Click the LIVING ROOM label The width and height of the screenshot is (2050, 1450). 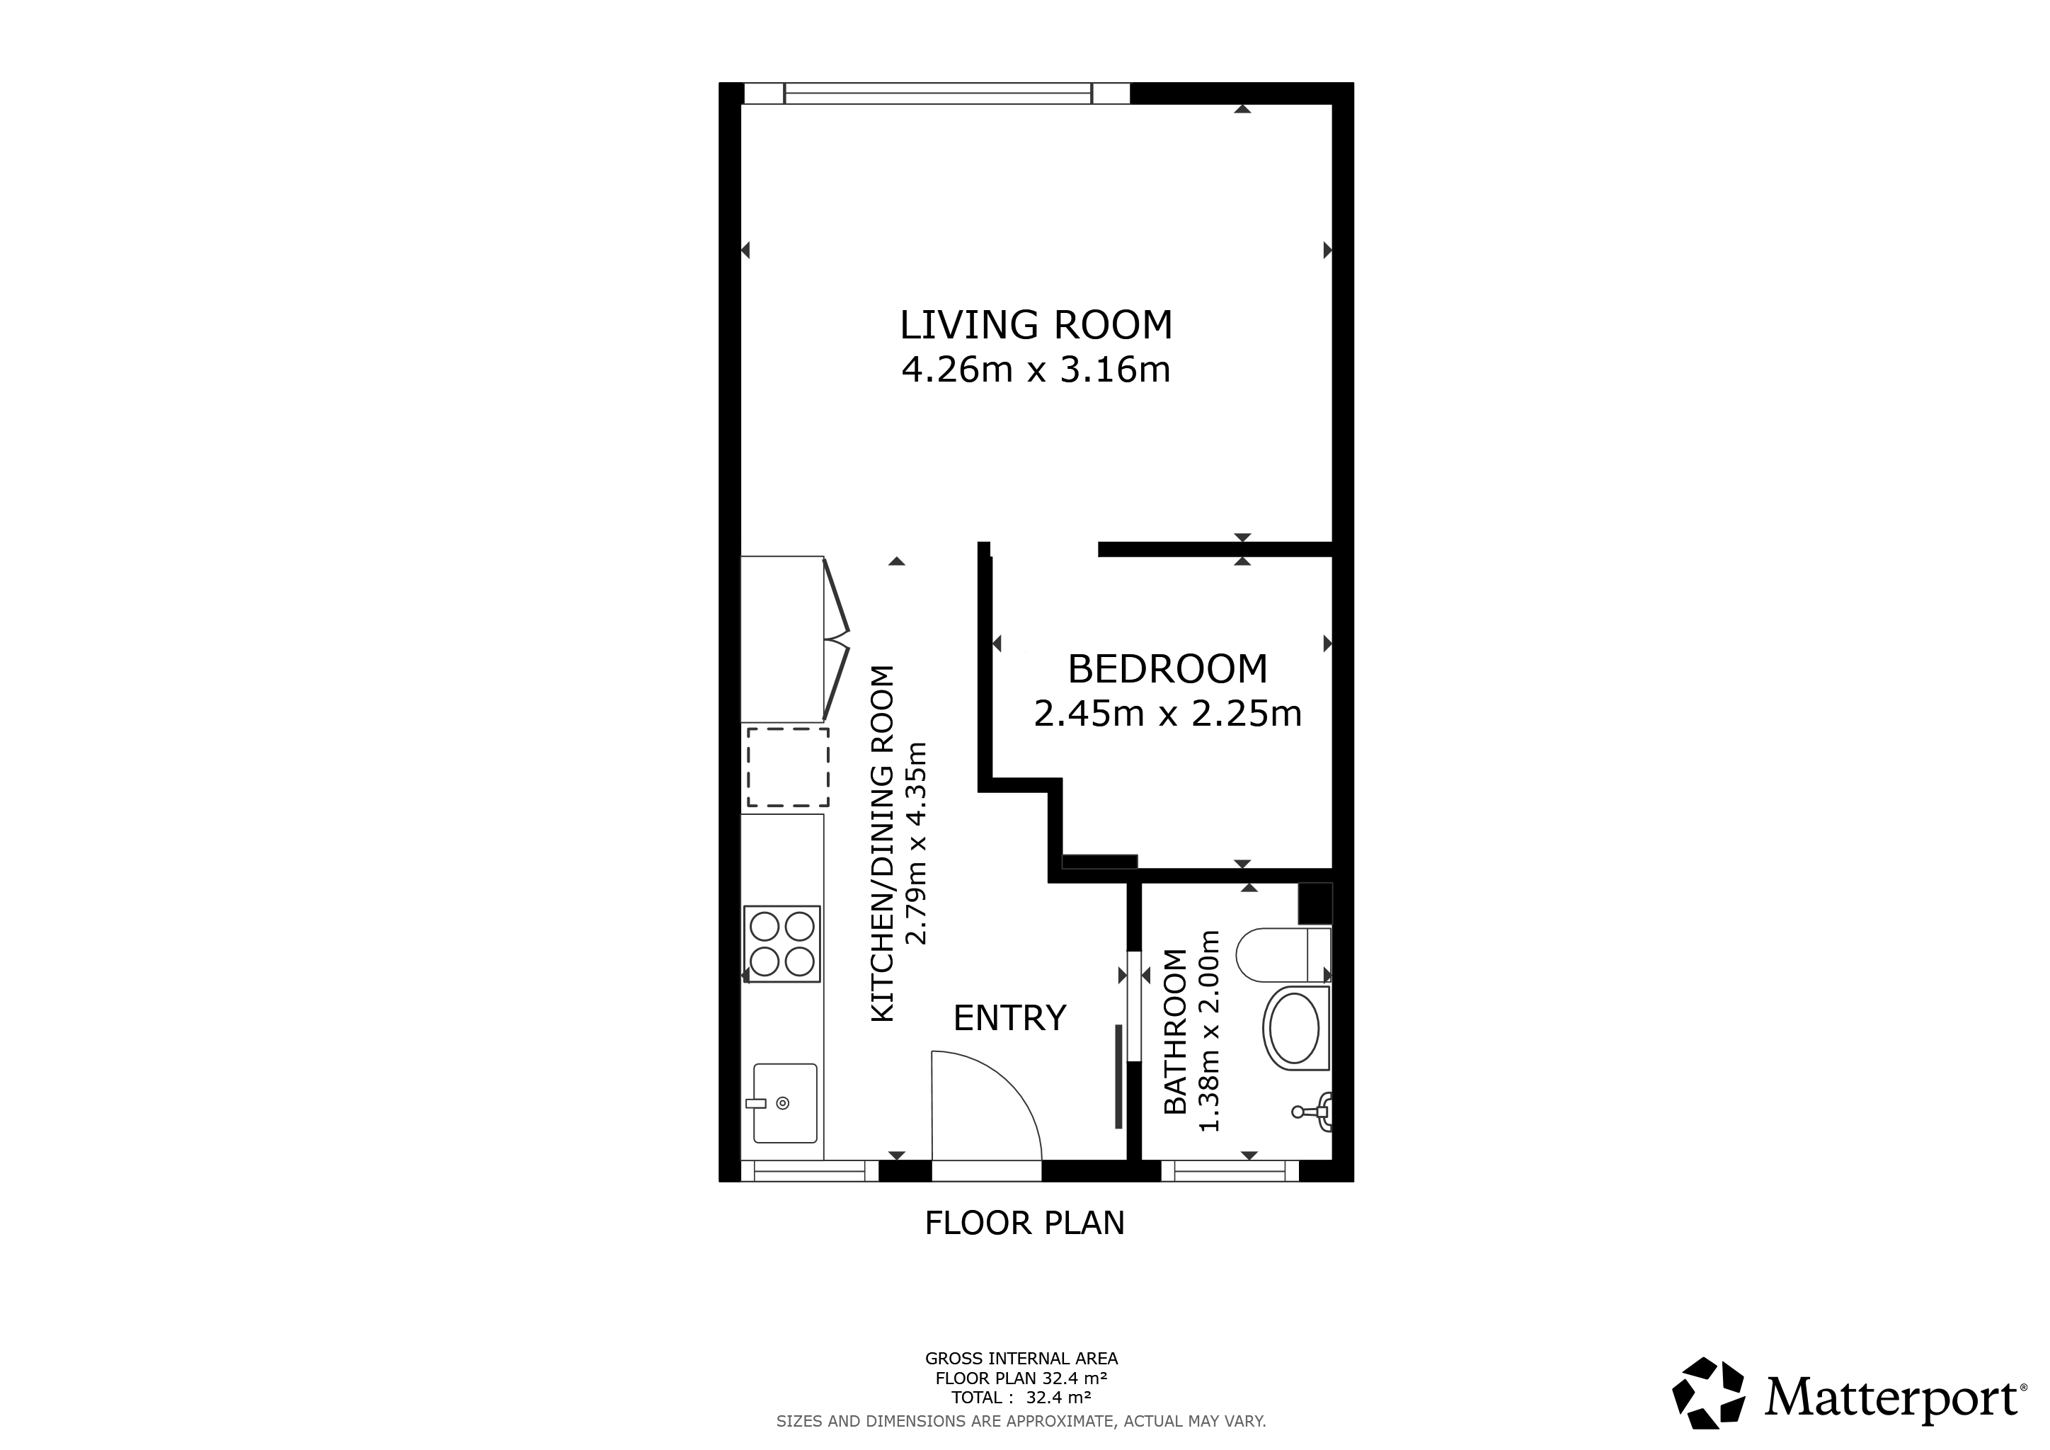1036,325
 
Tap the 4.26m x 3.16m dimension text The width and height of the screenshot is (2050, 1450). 1036,370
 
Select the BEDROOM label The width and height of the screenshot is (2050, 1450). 1167,669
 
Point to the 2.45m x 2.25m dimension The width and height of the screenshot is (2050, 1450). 1167,714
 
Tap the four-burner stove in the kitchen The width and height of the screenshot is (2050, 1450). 782,944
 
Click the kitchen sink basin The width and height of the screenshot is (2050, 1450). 785,1104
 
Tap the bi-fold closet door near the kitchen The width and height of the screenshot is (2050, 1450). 836,639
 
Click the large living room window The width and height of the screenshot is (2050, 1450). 937,93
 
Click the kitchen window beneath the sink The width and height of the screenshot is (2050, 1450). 811,1170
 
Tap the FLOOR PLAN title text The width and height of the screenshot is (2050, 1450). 1024,1223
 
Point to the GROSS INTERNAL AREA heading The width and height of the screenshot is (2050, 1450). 1021,1359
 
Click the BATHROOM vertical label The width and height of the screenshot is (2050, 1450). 1176,1032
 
